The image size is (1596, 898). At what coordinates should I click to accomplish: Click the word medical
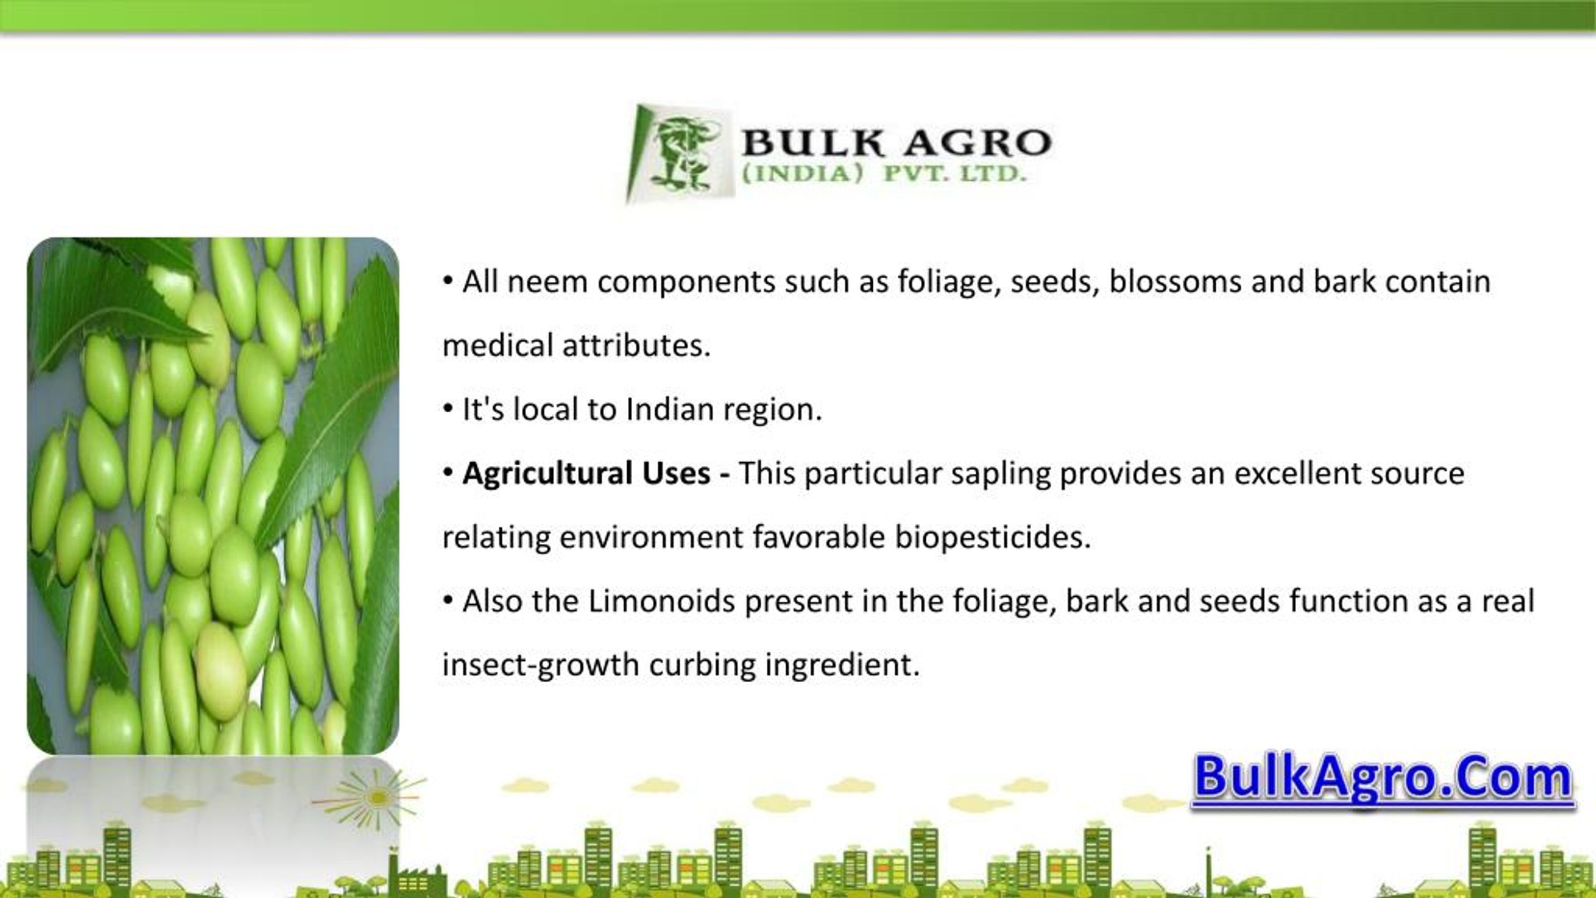pos(498,345)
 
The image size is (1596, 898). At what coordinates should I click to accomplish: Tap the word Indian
pos(670,410)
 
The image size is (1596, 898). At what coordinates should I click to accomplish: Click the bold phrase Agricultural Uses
pos(586,473)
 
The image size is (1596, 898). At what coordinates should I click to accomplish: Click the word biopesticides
pos(993,538)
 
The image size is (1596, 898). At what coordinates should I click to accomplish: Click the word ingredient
pos(842,665)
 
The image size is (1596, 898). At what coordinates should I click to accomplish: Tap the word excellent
pos(1297,473)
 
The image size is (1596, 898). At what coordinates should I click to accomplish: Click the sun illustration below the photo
pos(377,798)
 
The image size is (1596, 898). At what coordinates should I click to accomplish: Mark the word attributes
pos(637,345)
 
